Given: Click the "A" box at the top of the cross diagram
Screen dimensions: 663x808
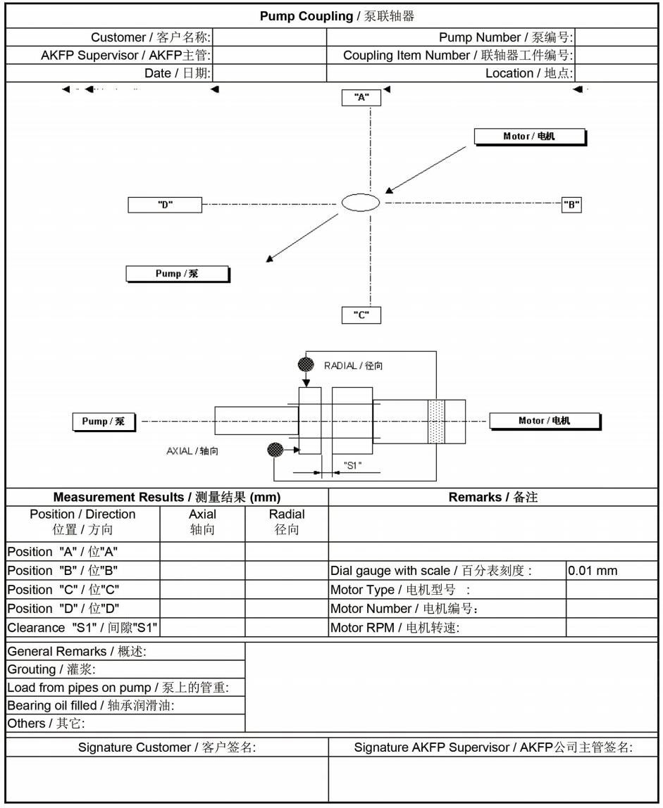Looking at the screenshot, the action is click(x=361, y=97).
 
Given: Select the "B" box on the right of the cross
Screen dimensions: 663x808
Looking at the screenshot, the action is click(x=571, y=205).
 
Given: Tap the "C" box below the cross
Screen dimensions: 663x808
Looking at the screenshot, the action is click(x=361, y=315).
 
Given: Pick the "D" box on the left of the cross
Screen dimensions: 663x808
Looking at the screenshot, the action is click(x=165, y=205).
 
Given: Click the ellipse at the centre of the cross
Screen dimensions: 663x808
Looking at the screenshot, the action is click(x=361, y=203).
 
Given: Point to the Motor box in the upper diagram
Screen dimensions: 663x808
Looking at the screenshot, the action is click(x=530, y=137).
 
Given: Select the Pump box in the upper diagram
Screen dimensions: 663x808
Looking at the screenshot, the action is click(x=178, y=274).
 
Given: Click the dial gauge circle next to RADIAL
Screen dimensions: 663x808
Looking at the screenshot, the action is click(x=306, y=365).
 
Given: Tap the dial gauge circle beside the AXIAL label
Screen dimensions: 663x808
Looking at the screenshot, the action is click(x=275, y=449).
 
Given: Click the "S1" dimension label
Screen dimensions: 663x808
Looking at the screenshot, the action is click(x=352, y=465).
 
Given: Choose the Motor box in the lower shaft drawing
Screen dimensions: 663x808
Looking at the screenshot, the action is click(x=545, y=421).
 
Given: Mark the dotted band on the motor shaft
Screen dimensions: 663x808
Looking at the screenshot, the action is click(x=436, y=422).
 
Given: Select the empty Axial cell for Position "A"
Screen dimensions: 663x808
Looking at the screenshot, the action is click(x=202, y=551).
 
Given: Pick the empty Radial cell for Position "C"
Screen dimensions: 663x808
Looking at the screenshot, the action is click(x=287, y=589).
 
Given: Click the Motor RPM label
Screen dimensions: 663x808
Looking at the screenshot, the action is click(x=395, y=628).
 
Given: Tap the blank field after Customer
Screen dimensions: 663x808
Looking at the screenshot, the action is click(x=269, y=37).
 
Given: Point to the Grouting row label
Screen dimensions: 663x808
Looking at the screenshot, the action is click(x=51, y=669).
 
